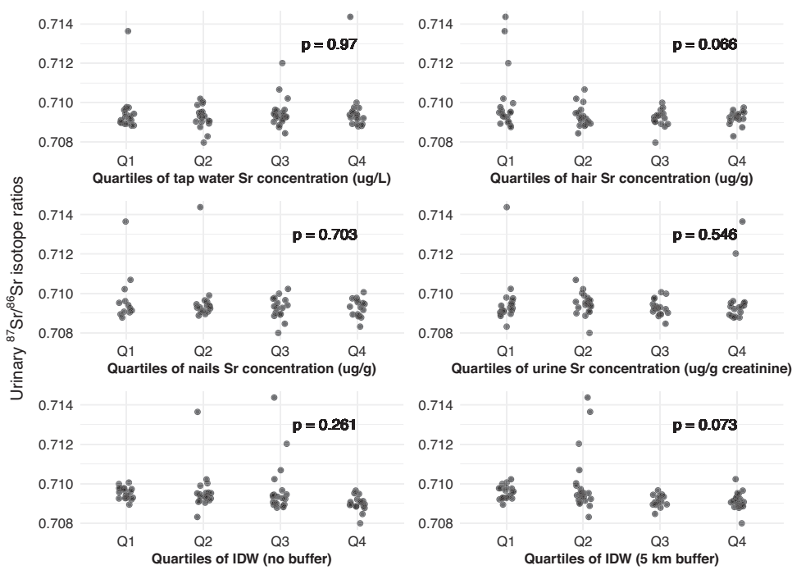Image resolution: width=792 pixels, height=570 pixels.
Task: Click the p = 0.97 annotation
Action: coord(330,45)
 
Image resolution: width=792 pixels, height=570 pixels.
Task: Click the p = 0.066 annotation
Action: coord(704,45)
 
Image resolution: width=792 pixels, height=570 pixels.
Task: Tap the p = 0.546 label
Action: coord(704,235)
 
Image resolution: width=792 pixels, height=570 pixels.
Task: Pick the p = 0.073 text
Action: coord(704,426)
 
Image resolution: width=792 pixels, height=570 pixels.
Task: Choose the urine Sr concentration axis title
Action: coord(621,367)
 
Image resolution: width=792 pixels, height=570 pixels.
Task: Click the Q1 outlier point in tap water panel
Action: coord(128,31)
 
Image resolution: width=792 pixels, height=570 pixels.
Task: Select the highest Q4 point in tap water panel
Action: coord(350,16)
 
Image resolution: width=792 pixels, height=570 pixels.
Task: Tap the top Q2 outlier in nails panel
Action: coord(200,207)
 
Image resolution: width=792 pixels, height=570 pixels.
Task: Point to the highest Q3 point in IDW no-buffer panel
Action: coord(274,398)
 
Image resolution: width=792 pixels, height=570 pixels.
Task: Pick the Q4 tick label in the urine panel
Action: coord(736,349)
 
